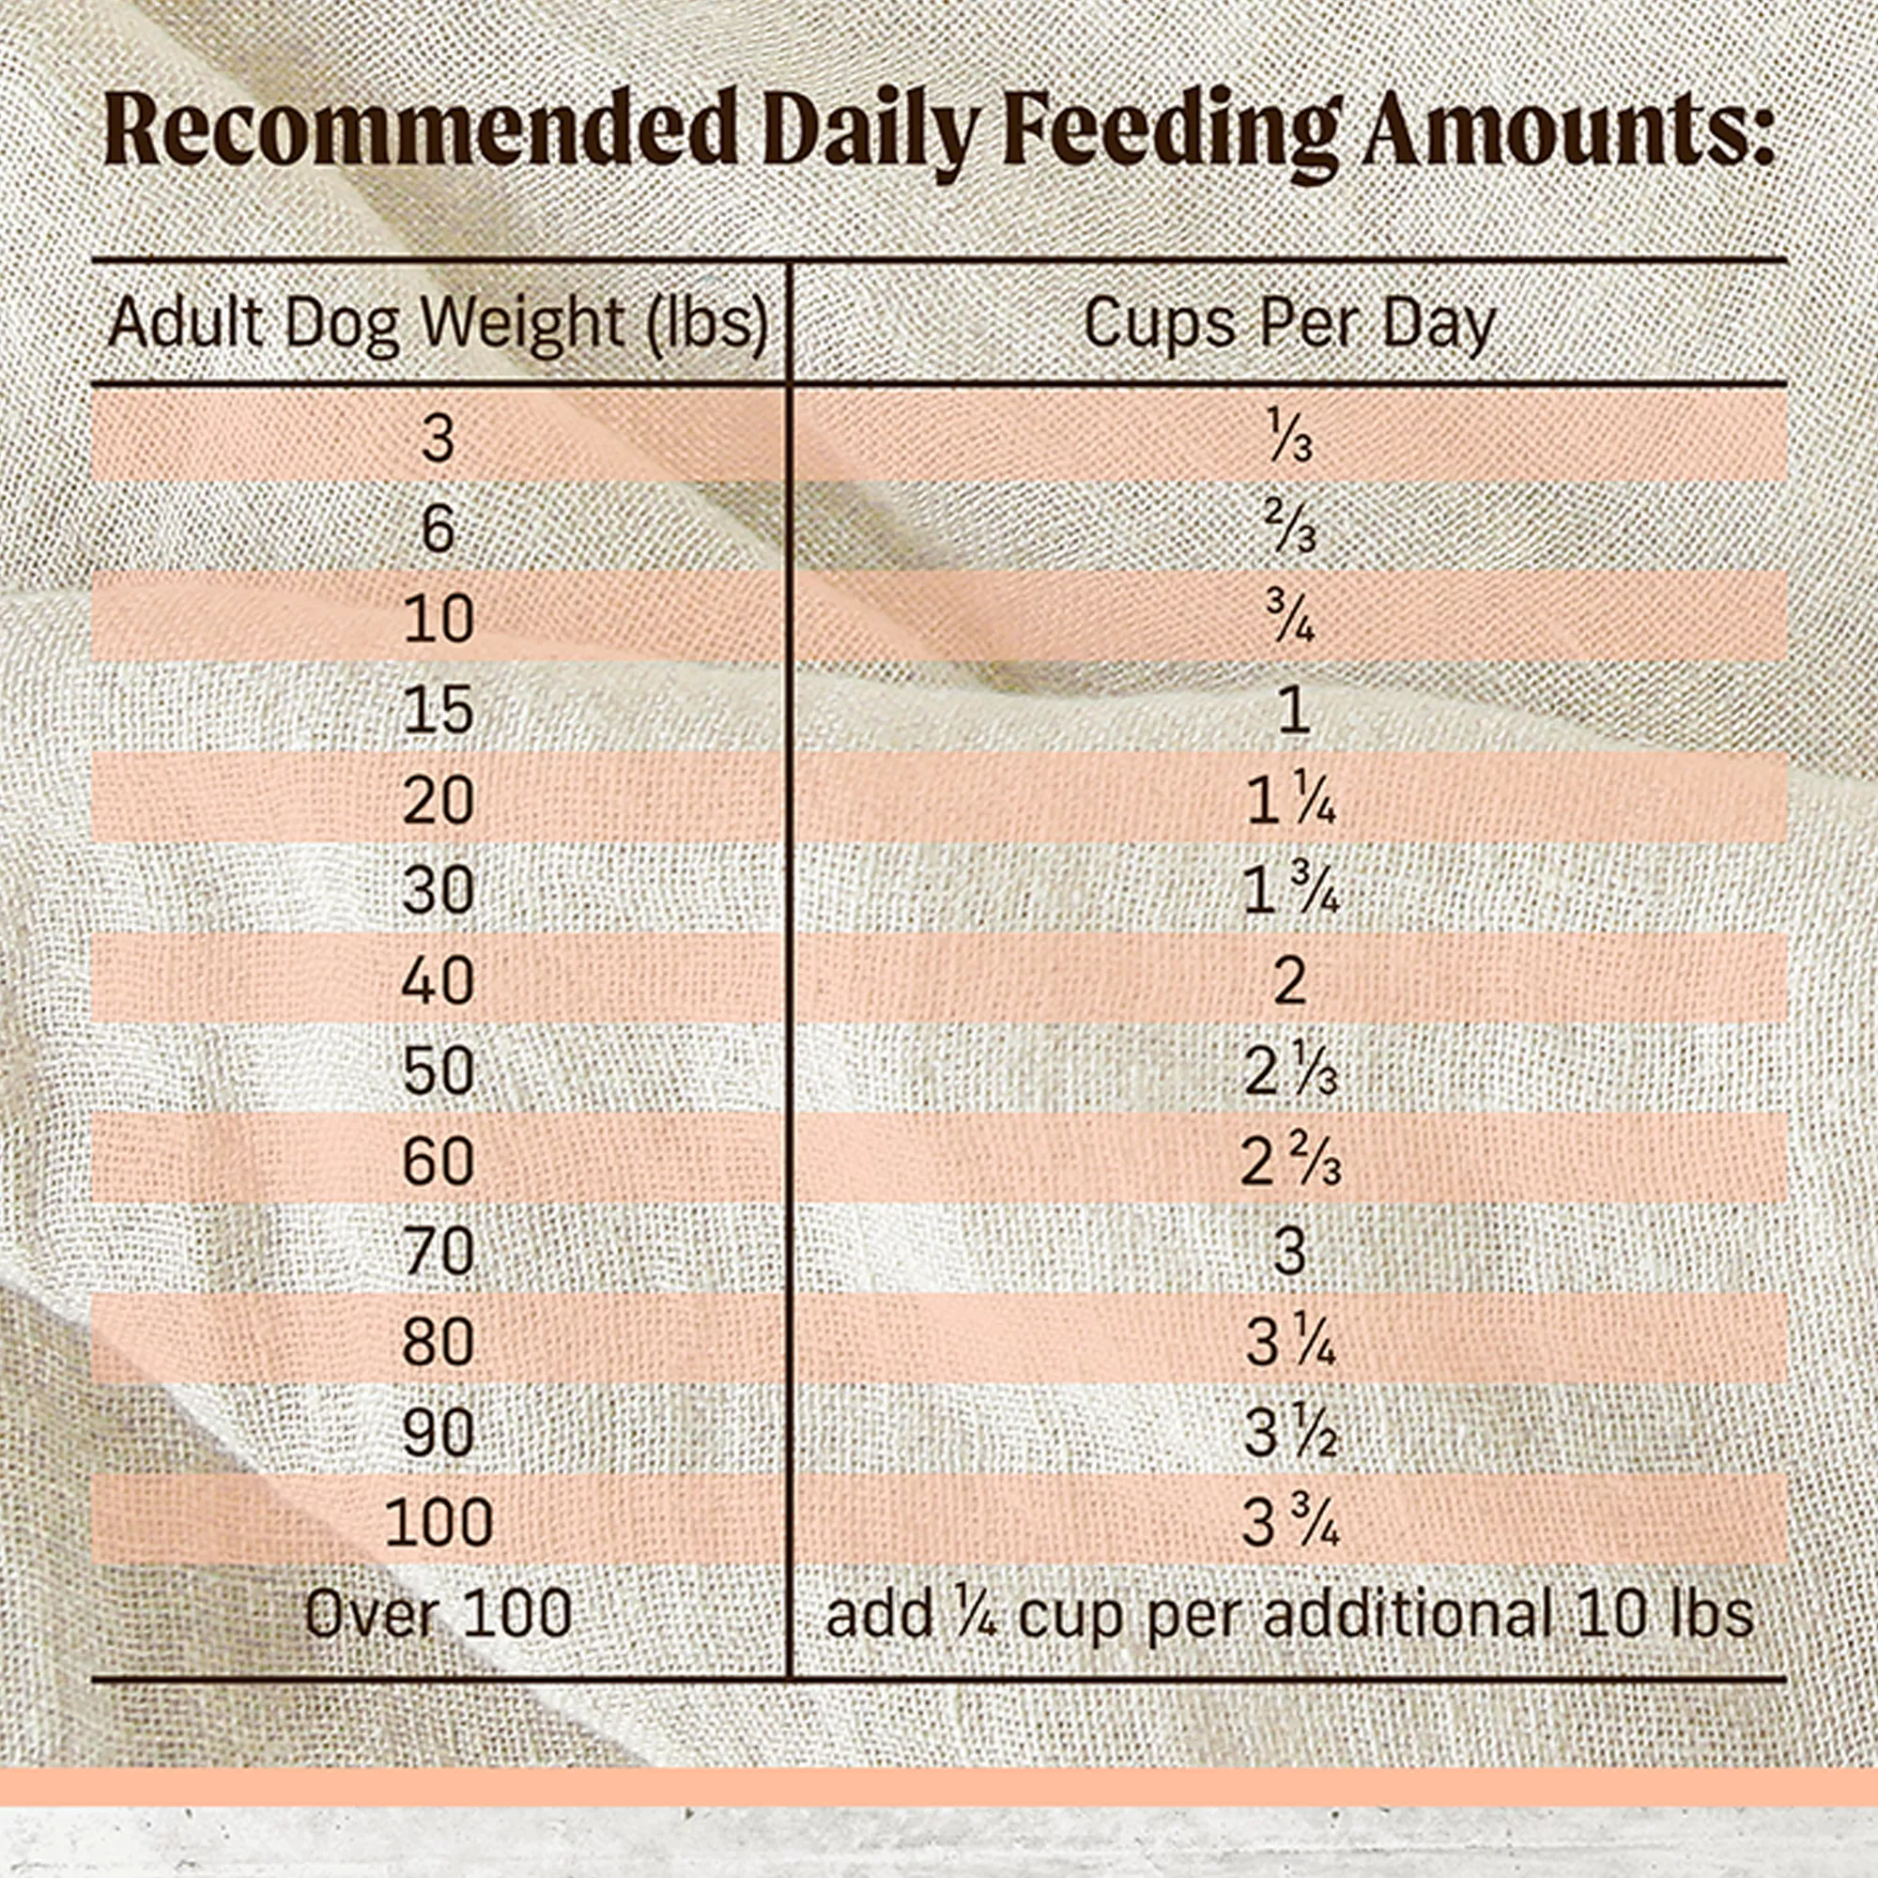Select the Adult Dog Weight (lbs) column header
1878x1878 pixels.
point(439,323)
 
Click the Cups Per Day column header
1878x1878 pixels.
point(1289,323)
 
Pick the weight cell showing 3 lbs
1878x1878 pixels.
point(439,439)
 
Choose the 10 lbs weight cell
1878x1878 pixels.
point(439,620)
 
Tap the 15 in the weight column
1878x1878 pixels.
point(439,711)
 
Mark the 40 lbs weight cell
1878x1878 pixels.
point(439,981)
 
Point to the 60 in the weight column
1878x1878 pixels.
point(439,1162)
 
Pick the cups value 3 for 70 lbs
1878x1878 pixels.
point(1289,1252)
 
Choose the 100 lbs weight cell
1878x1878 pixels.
point(439,1522)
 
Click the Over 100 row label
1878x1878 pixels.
point(439,1613)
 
